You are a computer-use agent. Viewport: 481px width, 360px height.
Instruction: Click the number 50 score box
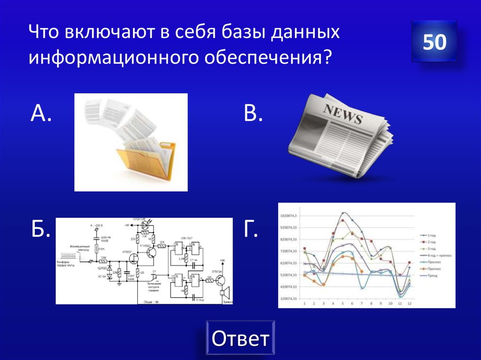click(434, 42)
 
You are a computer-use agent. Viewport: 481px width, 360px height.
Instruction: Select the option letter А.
click(40, 114)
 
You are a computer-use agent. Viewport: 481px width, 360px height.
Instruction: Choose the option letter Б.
click(41, 230)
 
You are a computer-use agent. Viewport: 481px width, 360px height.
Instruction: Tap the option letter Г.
click(251, 230)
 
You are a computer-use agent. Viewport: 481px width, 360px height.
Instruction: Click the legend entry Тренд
click(433, 276)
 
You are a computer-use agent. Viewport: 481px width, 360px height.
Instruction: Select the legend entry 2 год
click(431, 242)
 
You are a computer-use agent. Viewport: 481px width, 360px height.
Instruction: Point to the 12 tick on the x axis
click(409, 303)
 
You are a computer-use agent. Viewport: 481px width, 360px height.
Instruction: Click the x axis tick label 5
click(343, 303)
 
